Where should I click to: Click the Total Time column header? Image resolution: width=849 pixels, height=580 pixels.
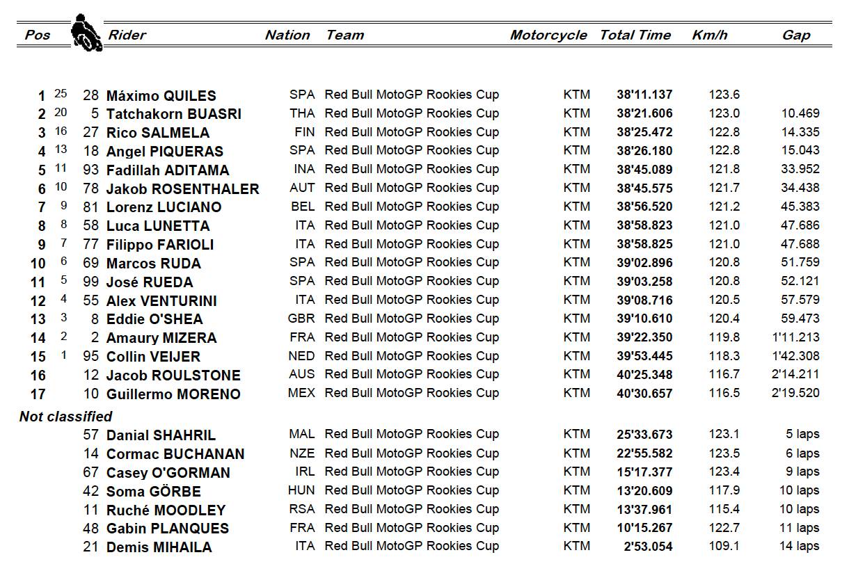tap(635, 35)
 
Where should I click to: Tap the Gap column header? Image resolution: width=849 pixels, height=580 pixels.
tap(795, 35)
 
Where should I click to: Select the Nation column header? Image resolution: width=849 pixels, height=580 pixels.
tap(287, 35)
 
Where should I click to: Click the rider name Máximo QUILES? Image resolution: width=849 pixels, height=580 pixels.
tap(161, 96)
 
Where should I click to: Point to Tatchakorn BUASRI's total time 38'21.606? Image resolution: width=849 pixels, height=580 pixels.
tap(644, 114)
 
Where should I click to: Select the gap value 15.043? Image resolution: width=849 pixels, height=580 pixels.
tap(800, 151)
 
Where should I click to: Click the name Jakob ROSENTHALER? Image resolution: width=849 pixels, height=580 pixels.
tap(182, 189)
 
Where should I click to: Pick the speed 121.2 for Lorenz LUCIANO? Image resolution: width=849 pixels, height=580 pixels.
tap(724, 207)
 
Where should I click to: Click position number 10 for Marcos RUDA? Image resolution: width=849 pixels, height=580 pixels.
tap(38, 264)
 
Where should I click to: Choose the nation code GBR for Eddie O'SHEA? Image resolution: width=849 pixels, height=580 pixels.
tap(301, 319)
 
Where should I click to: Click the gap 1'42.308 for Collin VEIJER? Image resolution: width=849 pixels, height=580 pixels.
tap(795, 357)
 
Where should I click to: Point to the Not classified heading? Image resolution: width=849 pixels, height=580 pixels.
tap(65, 417)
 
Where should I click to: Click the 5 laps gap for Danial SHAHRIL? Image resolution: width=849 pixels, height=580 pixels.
tap(802, 435)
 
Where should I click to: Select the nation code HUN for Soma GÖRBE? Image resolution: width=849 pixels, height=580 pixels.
tap(301, 491)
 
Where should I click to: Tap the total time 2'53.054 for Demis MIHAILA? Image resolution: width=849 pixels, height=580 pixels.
tap(649, 547)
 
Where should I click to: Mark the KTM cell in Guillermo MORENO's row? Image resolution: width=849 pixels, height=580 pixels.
tap(576, 394)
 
